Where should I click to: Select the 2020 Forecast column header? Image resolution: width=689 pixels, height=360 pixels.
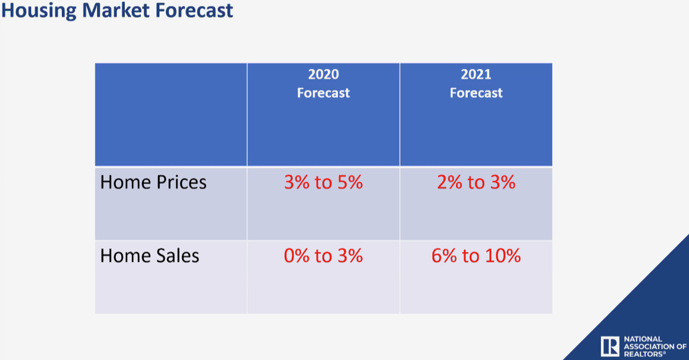coord(323,83)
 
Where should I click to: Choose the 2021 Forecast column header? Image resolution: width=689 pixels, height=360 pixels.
coord(476,83)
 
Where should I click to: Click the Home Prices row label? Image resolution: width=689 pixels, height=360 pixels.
coord(153,182)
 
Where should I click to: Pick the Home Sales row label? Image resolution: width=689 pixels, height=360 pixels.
coord(149,256)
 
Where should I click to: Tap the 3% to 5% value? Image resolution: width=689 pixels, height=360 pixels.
coord(323,182)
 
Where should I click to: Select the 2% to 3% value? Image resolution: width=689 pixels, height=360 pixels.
coord(476,182)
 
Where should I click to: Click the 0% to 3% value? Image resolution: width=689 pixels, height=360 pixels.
coord(323,256)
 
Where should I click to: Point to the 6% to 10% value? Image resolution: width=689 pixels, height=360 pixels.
coord(476,256)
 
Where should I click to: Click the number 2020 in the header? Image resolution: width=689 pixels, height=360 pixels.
coord(323,74)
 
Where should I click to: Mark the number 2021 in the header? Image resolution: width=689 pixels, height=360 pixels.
coord(476,74)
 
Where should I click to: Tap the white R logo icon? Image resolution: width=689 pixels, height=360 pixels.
coord(610,345)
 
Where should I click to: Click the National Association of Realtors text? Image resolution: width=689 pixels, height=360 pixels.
coord(655,345)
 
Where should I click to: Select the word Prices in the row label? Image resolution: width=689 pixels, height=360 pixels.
coord(181,182)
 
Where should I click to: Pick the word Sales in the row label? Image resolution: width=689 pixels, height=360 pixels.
coord(177,256)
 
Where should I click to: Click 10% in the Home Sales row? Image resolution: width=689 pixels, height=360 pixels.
coord(504,256)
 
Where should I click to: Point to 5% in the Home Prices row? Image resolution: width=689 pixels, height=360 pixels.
coord(350,182)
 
